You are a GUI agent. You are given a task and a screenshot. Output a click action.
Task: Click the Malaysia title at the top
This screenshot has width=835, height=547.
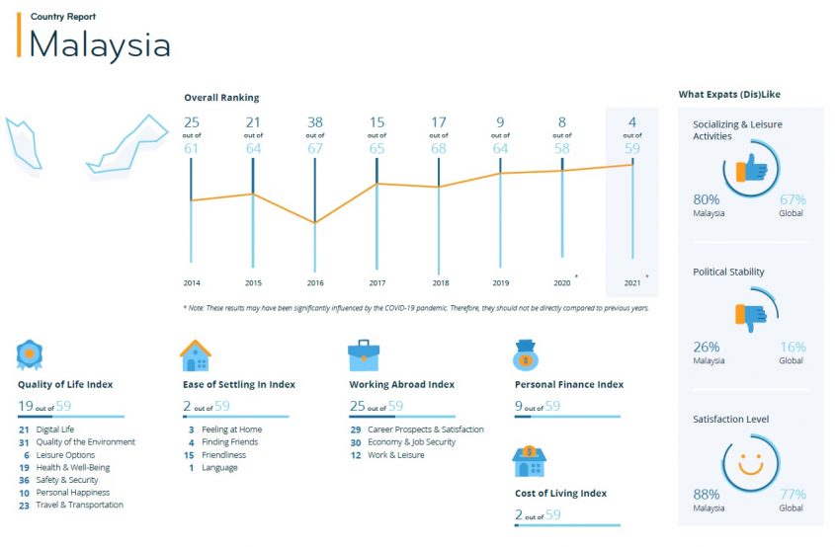click(100, 44)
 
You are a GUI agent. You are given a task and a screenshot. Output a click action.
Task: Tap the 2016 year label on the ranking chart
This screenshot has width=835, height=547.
click(315, 283)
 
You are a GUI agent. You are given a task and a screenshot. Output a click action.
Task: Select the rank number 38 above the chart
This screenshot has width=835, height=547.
click(315, 122)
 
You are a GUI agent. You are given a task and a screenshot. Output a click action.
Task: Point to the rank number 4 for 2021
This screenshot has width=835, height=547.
click(632, 122)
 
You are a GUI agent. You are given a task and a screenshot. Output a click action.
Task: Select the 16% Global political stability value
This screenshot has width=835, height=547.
click(793, 348)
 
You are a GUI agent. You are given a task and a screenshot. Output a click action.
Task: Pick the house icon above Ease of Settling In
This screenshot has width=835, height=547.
click(195, 355)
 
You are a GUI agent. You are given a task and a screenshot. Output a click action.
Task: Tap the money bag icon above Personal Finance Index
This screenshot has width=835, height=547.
click(525, 355)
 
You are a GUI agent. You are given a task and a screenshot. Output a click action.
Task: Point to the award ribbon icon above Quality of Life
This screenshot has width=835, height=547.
click(31, 353)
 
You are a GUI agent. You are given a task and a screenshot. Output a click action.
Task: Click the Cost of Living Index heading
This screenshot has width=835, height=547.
click(560, 493)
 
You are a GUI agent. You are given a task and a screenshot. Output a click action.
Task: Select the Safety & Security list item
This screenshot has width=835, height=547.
click(67, 480)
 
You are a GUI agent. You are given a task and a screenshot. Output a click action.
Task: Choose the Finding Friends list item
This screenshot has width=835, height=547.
click(230, 442)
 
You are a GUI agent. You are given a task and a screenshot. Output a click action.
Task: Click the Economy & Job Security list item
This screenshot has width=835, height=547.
click(411, 442)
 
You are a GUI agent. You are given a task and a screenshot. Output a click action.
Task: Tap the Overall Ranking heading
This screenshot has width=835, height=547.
click(221, 98)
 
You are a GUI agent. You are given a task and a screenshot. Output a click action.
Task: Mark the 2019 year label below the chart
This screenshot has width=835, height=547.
click(501, 283)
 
